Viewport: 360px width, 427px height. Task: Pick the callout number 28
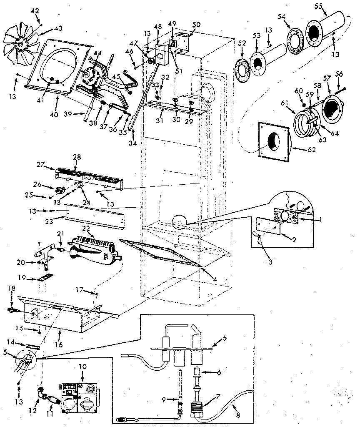(76, 157)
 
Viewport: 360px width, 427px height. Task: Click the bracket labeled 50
(182, 41)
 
